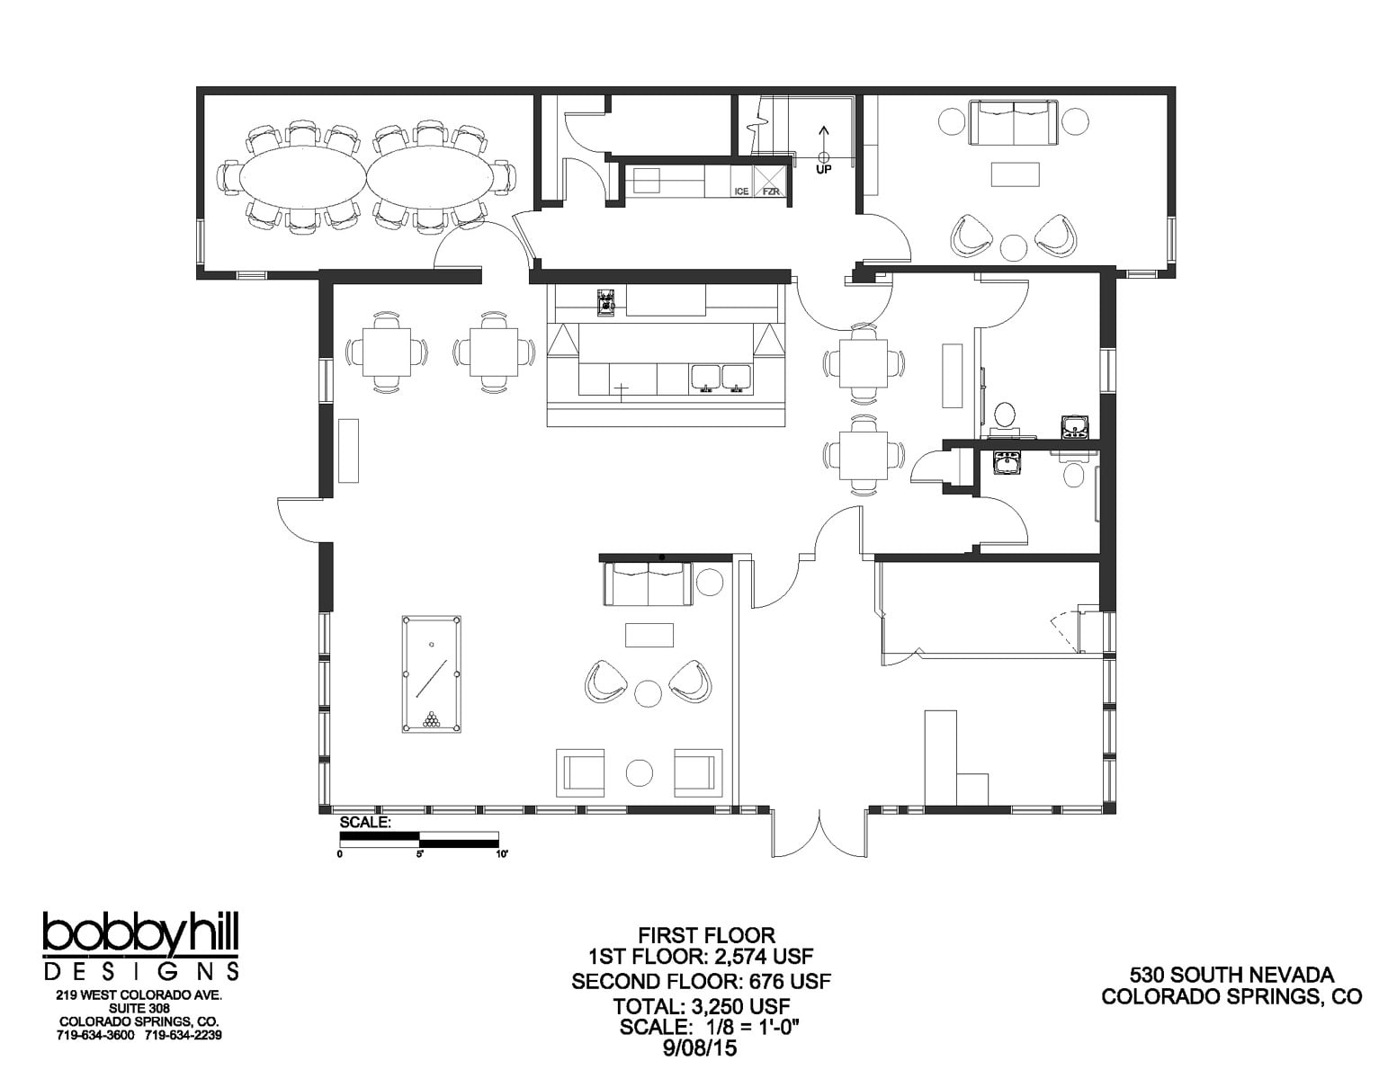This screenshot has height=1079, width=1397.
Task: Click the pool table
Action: pos(431,673)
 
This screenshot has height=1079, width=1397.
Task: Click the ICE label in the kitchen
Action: pos(741,192)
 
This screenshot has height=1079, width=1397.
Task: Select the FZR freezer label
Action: pos(772,192)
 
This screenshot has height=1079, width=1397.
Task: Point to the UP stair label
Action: pos(823,169)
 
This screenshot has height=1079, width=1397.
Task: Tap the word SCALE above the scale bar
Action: pos(363,822)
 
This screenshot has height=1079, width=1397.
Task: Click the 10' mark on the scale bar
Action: pos(500,855)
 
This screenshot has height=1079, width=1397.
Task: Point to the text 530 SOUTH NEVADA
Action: pos(1231,975)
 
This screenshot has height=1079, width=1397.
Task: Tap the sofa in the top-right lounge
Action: pos(1014,122)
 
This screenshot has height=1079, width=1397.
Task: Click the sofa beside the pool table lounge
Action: pos(648,584)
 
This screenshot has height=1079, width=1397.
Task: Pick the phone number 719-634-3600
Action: pos(95,1035)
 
